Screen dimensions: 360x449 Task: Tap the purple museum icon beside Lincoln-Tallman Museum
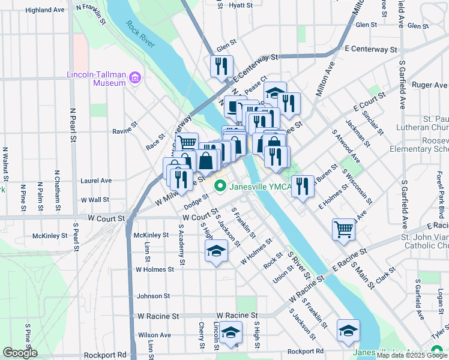(x=134, y=78)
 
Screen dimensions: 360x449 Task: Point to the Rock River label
(x=140, y=35)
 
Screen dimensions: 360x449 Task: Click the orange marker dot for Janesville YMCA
(x=220, y=187)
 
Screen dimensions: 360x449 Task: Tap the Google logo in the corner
(x=20, y=352)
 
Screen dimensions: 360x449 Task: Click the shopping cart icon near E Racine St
(x=343, y=229)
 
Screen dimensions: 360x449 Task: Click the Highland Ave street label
(x=45, y=10)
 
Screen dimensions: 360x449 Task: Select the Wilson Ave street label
(x=154, y=335)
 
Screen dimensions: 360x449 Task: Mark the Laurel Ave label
(x=97, y=180)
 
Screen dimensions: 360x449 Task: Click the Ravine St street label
(x=125, y=130)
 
